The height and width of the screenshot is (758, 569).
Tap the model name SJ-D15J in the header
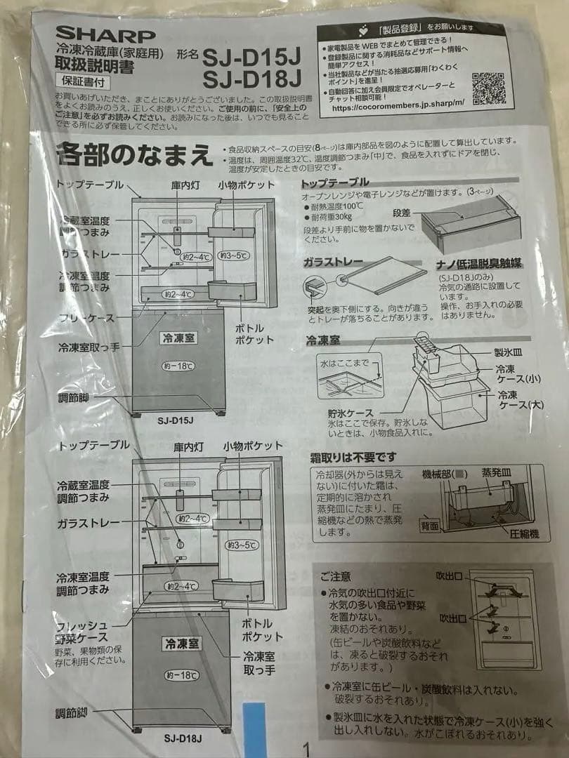[x=252, y=54]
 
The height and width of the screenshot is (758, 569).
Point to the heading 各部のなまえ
[x=135, y=154]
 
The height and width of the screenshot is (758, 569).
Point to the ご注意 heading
[x=335, y=576]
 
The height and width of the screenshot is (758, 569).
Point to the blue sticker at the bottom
[x=254, y=730]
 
